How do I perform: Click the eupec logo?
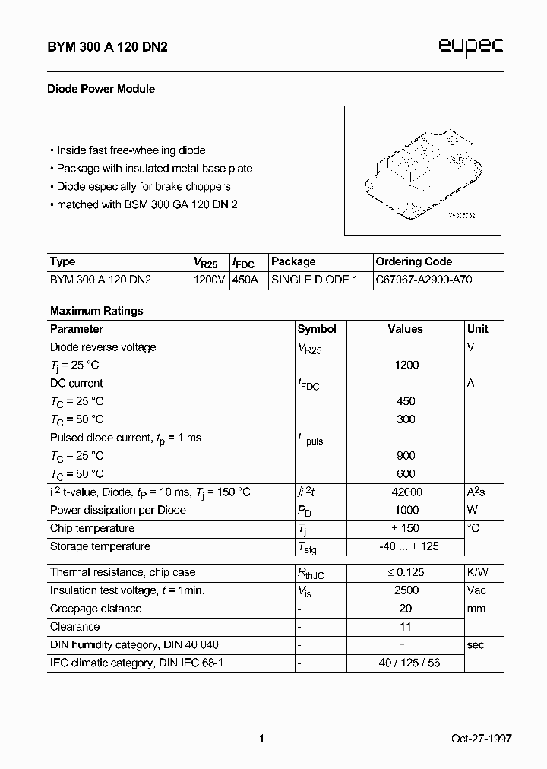[471, 46]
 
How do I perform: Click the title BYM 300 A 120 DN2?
[109, 47]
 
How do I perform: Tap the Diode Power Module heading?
[103, 89]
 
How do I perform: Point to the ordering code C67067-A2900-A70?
[424, 280]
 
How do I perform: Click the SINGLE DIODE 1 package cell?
[315, 280]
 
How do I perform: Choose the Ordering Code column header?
[414, 261]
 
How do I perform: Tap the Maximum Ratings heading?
[96, 311]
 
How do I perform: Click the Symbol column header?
[317, 329]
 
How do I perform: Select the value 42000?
[406, 492]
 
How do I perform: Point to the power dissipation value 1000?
[406, 511]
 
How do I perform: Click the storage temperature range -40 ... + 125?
[409, 546]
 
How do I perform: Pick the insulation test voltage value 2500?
[406, 590]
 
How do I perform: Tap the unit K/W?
[478, 572]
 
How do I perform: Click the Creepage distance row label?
[96, 609]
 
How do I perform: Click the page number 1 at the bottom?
[261, 739]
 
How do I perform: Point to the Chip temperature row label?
[92, 528]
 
